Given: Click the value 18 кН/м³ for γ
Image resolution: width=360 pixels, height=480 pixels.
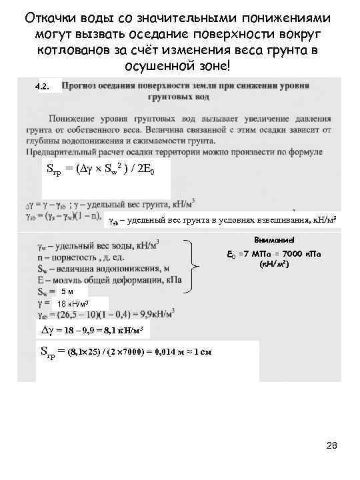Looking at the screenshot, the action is click(77, 304).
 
